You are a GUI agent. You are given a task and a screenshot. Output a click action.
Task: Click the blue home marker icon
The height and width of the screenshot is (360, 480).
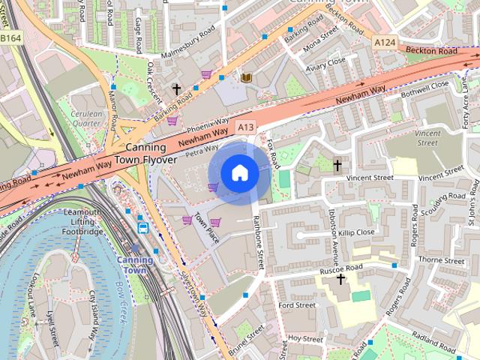[x=238, y=173]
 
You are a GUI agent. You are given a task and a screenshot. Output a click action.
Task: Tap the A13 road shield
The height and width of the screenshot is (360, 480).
[x=246, y=127]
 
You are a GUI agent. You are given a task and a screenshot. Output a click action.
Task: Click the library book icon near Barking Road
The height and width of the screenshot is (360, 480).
[x=245, y=76]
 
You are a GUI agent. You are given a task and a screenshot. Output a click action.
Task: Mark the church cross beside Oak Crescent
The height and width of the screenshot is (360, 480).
[x=177, y=89]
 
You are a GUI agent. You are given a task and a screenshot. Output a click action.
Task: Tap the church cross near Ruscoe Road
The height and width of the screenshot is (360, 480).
[x=340, y=279]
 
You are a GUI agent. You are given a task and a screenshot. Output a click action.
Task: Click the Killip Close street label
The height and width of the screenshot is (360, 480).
[x=355, y=232]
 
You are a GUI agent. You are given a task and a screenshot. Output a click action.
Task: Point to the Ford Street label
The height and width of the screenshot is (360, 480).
[x=296, y=305]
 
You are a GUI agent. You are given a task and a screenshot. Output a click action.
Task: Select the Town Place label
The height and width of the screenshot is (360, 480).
[x=206, y=229]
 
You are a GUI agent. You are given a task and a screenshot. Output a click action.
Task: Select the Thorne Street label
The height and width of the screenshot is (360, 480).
[x=442, y=260]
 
